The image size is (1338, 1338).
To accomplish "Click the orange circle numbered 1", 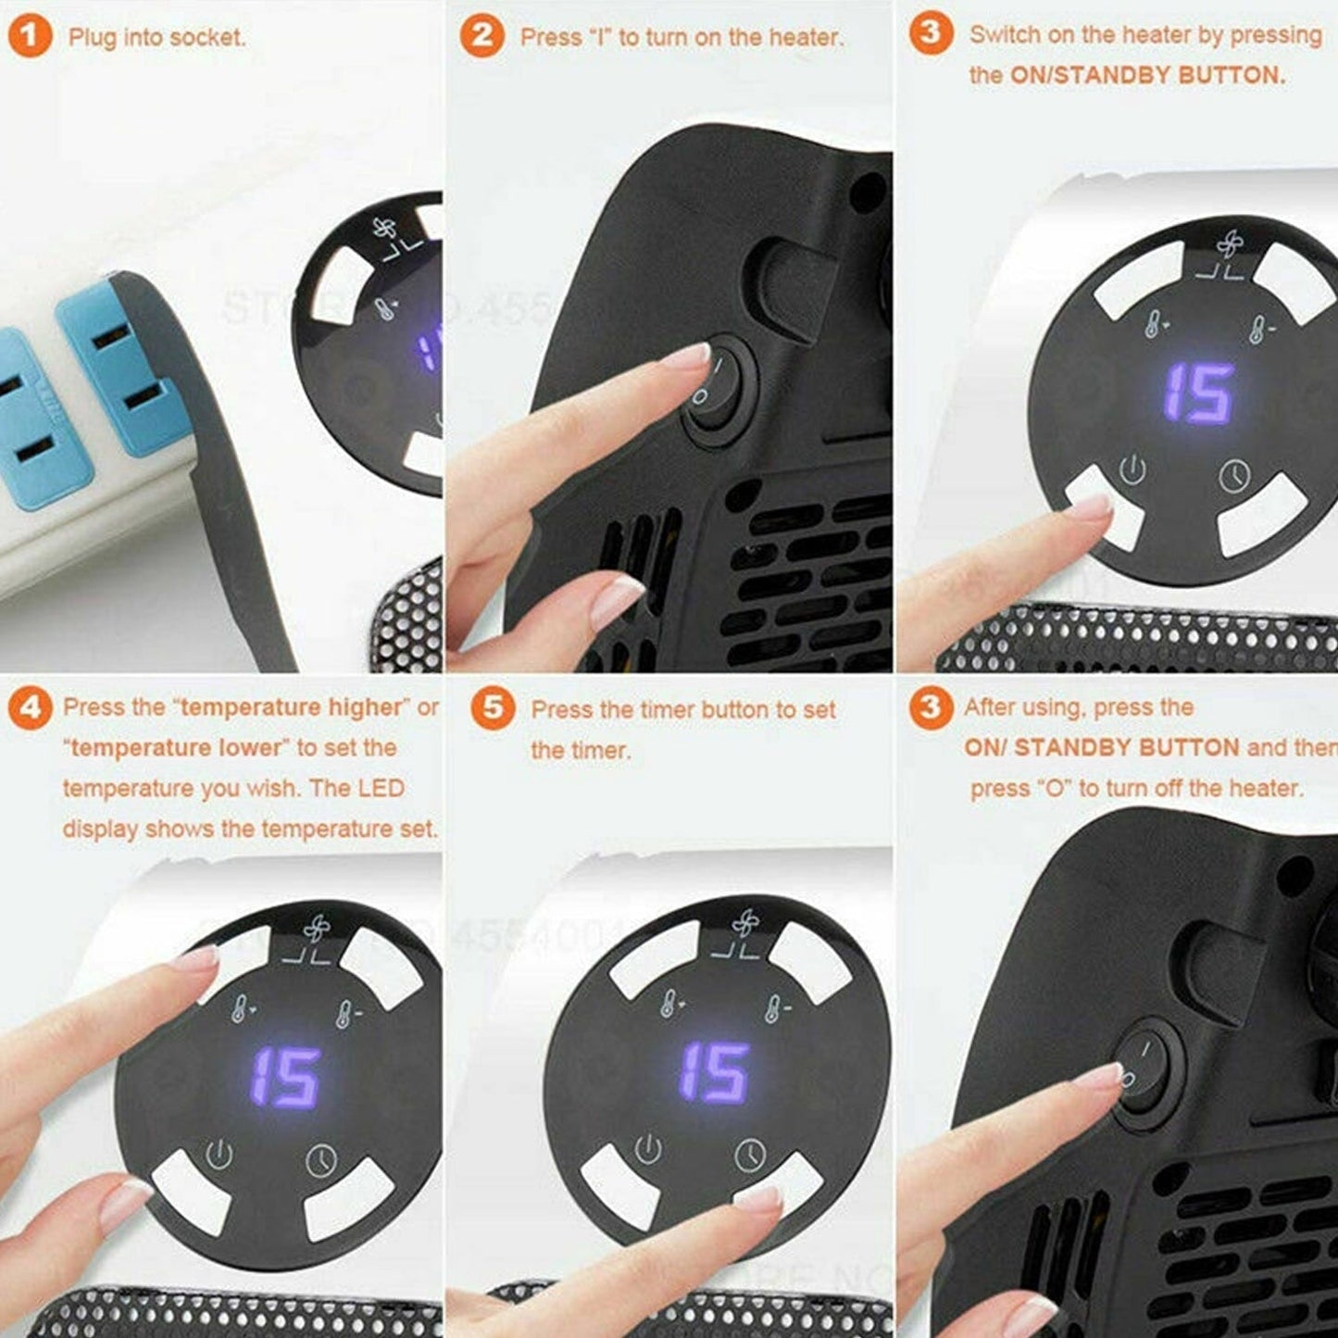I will coord(30,37).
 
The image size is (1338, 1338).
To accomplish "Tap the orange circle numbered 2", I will coord(481,37).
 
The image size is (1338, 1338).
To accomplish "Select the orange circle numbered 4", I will coord(30,707).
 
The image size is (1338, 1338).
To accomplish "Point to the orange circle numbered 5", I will coord(493,708).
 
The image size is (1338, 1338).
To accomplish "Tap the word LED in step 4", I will coord(381,789).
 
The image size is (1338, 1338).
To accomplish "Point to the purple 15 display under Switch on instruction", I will coord(1198,394).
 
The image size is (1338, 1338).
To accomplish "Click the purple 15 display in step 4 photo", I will coord(285,1078).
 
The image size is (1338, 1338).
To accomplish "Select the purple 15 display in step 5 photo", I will coord(713,1072).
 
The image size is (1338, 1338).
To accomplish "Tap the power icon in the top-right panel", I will coord(1132,469).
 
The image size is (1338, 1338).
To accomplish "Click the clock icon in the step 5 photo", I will coord(750,1155).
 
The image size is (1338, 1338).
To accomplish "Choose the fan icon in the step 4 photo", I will coord(316,929).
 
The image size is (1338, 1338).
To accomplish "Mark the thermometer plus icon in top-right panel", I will coord(1154,324).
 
